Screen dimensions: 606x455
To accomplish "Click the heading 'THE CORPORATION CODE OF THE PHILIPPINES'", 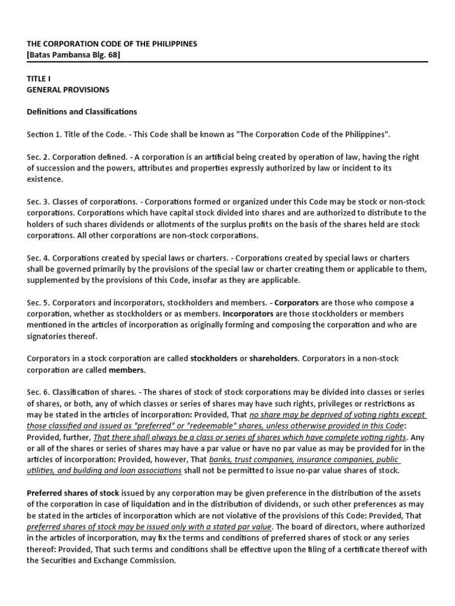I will (112, 44).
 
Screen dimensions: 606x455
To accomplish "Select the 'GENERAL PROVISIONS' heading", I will (68, 90).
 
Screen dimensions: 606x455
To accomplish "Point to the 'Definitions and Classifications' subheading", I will (82, 112).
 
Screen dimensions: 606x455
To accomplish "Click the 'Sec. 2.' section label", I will (39, 157).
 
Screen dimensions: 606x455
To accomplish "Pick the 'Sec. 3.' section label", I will (39, 202).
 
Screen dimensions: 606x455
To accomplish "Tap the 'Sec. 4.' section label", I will (39, 258).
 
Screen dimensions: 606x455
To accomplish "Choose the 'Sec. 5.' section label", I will (39, 303).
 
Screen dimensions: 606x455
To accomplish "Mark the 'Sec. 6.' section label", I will (39, 392).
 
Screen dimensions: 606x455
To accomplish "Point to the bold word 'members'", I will (126, 370).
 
